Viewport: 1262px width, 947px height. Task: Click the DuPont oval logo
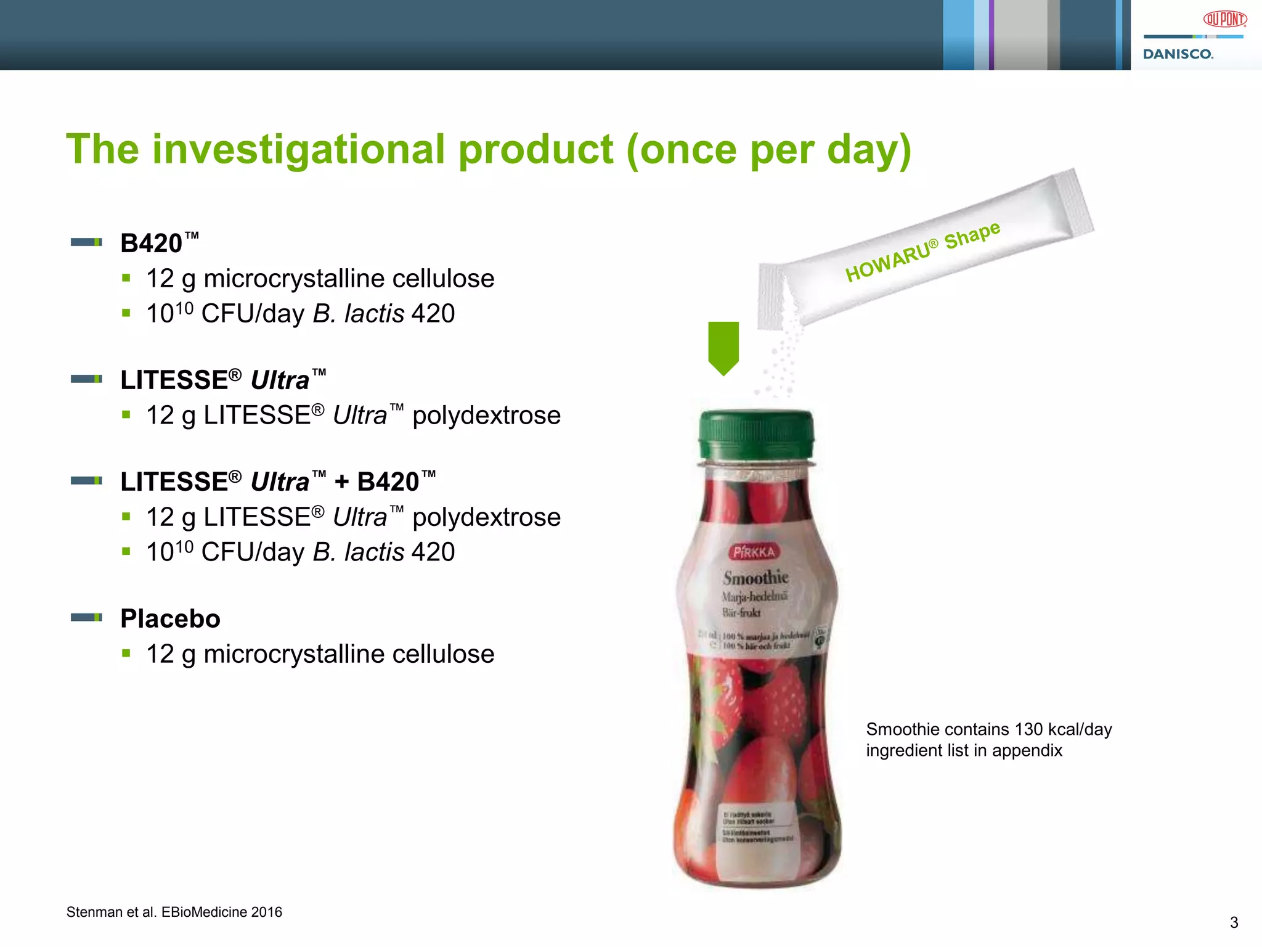1224,19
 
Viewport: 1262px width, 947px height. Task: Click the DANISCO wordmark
1178,54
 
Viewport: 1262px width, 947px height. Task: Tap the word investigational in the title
298,150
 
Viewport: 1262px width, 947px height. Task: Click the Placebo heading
170,618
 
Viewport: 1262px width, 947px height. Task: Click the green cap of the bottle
756,434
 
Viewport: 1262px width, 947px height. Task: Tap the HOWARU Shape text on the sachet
922,251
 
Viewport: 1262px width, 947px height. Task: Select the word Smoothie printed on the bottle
755,578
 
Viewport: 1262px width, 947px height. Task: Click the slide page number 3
1234,922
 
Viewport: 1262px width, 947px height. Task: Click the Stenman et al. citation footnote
174,912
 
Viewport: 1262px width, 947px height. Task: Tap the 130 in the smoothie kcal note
1028,729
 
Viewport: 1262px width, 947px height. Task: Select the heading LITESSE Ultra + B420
278,482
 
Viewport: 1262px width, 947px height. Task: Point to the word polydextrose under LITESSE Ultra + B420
486,517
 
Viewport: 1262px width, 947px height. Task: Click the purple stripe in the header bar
991,35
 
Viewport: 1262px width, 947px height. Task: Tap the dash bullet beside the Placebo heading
86,617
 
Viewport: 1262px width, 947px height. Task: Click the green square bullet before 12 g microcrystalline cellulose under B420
126,278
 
